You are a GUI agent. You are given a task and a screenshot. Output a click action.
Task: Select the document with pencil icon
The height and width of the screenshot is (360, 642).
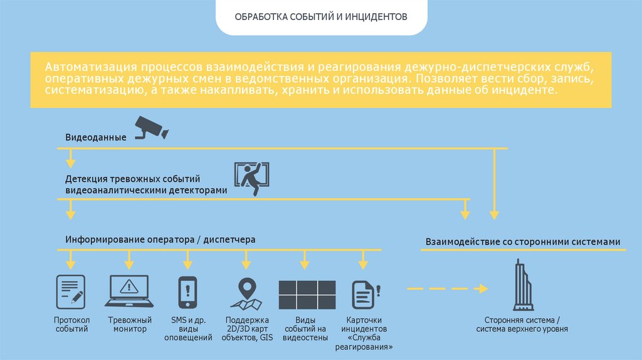71,291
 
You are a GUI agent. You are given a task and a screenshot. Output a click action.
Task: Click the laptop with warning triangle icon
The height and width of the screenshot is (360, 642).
130,291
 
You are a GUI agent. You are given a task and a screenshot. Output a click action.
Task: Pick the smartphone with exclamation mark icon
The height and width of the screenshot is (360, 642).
187,292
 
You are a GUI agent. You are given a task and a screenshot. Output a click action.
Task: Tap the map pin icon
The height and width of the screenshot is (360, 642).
246,293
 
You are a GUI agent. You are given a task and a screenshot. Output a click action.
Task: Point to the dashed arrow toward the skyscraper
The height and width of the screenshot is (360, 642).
447,289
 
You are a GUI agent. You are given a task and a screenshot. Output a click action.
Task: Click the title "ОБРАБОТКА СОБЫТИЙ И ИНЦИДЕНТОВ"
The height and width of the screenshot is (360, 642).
320,16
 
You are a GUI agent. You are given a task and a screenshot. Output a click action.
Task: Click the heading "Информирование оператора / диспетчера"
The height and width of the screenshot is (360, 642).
160,240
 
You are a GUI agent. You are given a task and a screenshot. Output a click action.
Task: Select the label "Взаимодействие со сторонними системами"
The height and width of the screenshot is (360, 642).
523,241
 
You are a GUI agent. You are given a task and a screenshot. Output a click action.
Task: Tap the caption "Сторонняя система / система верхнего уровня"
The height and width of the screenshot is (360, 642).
522,324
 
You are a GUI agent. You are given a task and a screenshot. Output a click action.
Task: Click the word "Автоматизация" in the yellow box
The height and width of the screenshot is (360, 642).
90,67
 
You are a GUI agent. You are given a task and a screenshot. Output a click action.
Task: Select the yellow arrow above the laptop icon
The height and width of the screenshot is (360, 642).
129,259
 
